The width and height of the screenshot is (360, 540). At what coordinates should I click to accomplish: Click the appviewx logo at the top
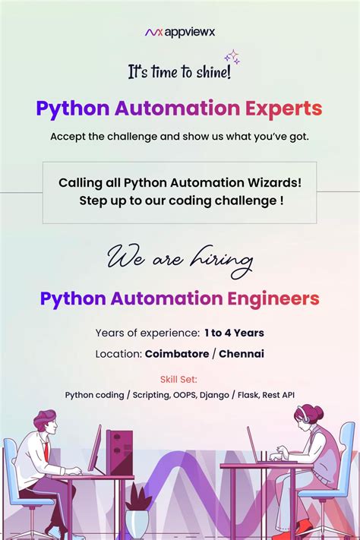179,33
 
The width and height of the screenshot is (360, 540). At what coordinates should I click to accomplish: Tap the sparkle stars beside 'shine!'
231,57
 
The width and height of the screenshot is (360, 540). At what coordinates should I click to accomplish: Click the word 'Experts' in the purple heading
283,109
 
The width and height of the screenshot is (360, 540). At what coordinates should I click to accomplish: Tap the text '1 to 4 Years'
234,333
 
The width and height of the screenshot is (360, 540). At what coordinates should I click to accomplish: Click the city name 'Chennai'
242,354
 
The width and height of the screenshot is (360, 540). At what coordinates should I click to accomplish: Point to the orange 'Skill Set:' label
179,379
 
